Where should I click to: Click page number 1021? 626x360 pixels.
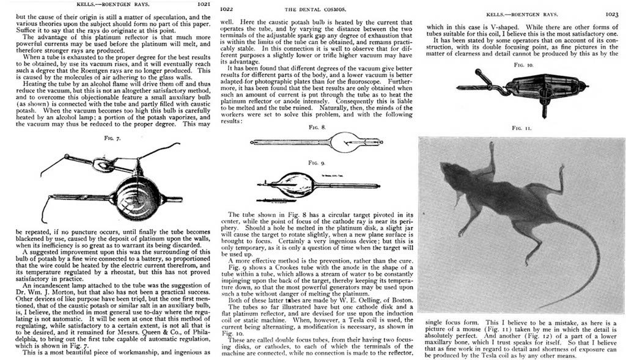(x=202, y=4)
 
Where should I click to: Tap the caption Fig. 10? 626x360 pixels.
(x=520, y=64)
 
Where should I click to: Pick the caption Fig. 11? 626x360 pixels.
(x=520, y=128)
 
